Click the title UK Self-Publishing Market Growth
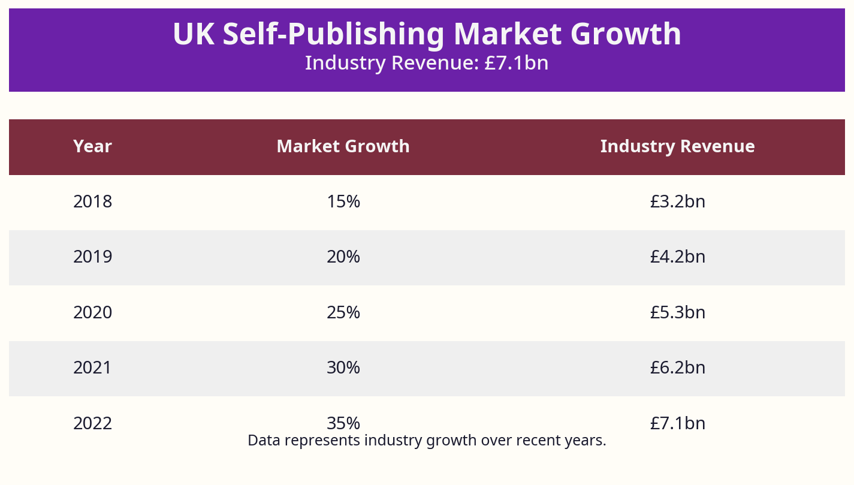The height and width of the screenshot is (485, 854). coord(427,34)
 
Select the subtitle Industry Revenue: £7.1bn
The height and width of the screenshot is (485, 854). coord(427,63)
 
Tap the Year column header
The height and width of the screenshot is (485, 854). coord(92,146)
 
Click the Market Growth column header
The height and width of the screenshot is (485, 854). coord(343,146)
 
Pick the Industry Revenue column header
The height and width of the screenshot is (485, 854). coord(677,146)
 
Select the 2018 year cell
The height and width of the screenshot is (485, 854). coord(92,202)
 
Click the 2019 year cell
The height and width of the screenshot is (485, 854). coord(92,257)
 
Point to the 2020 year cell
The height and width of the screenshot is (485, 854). coord(92,313)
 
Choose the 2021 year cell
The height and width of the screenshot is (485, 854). coord(92,368)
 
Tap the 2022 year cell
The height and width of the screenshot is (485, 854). coord(92,424)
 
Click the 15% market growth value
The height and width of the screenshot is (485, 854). coord(343,202)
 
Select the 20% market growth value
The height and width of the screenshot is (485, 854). coord(343,257)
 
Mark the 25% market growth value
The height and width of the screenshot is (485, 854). coord(343,313)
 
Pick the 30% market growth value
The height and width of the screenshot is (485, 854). coord(343,368)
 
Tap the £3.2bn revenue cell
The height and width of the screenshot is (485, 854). coord(677,202)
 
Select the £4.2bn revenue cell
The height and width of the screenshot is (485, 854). coord(677,257)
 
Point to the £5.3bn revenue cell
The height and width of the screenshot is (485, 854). coord(677,313)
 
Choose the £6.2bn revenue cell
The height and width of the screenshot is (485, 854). coord(677,368)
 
